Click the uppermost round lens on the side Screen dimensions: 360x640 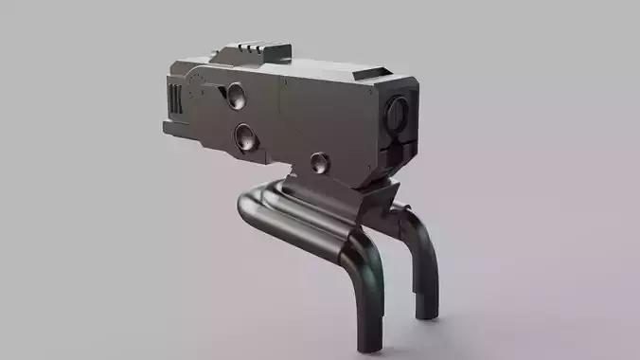pos(236,95)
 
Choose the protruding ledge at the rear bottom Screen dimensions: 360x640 pos(171,127)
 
